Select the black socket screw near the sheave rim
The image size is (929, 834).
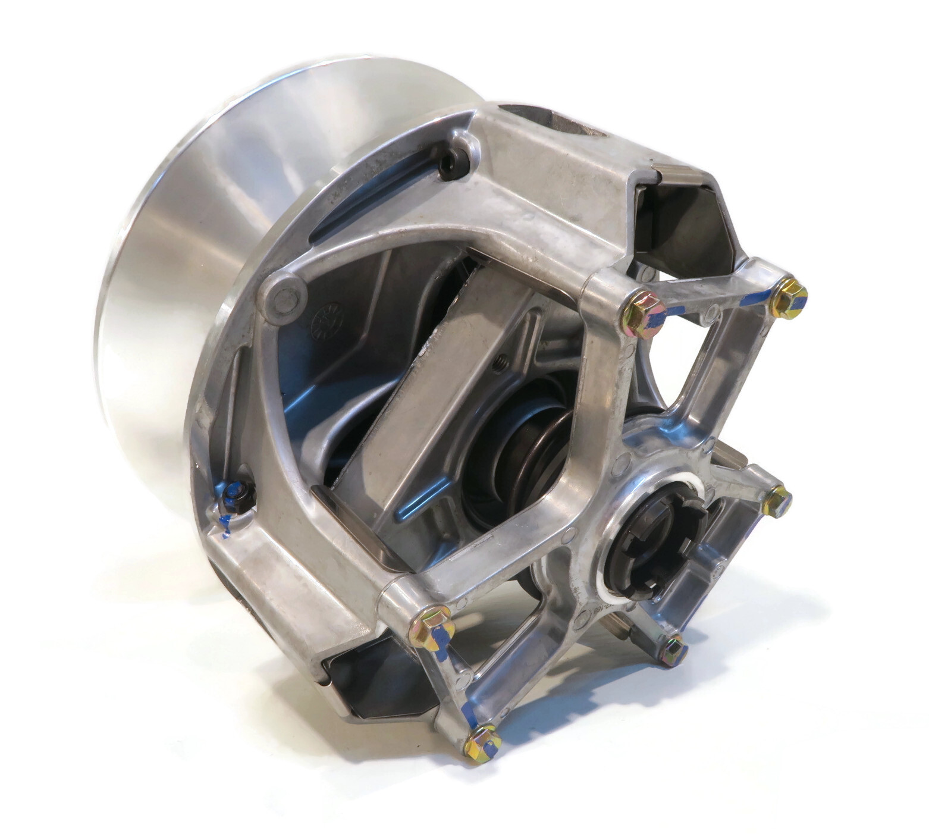pyautogui.click(x=449, y=159)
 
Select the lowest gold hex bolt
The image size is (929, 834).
pyautogui.click(x=482, y=741)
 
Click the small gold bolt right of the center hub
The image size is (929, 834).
pyautogui.click(x=777, y=498)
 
